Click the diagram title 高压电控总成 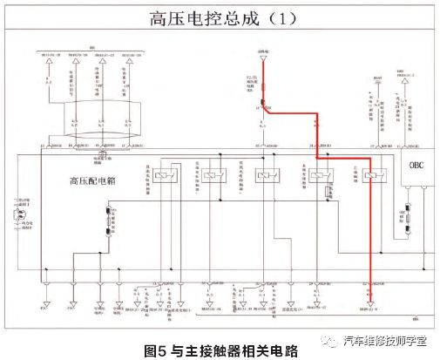click(x=196, y=17)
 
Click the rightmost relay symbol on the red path click(x=371, y=176)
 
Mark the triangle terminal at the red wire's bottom click(x=369, y=304)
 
